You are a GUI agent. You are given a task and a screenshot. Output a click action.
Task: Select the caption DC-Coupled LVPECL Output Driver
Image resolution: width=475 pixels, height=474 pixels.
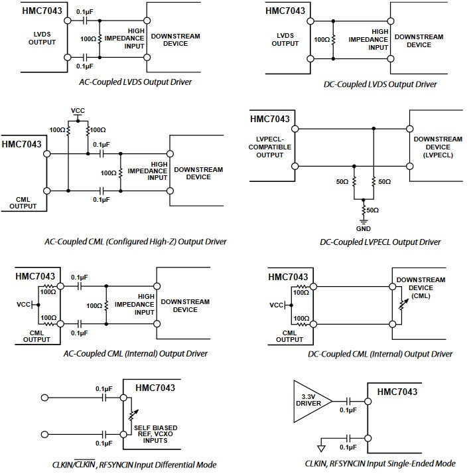pos(380,242)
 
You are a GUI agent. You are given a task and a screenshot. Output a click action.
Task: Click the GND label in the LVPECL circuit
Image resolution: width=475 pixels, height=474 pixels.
pos(363,228)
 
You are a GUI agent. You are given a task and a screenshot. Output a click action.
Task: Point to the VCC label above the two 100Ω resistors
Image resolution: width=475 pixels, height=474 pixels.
pos(78,110)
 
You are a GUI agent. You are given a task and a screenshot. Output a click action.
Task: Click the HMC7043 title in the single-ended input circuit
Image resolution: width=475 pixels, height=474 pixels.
pos(397,392)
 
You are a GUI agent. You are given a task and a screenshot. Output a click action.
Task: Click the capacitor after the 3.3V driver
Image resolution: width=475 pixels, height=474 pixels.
pos(348,400)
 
